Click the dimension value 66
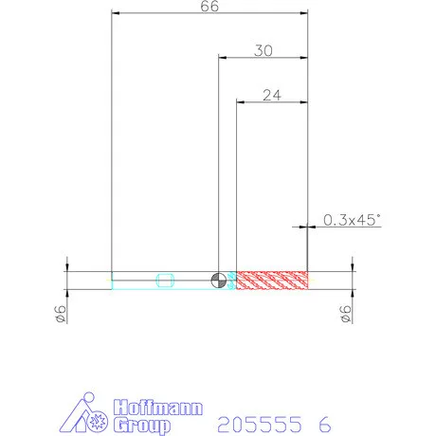click(209, 6)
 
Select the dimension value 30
click(263, 50)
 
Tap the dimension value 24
click(272, 95)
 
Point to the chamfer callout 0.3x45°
click(352, 220)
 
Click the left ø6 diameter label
click(61, 314)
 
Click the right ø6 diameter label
click(346, 314)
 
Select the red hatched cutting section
click(272, 280)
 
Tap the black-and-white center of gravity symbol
click(219, 280)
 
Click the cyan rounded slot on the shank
click(165, 281)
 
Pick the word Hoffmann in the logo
click(158, 408)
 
